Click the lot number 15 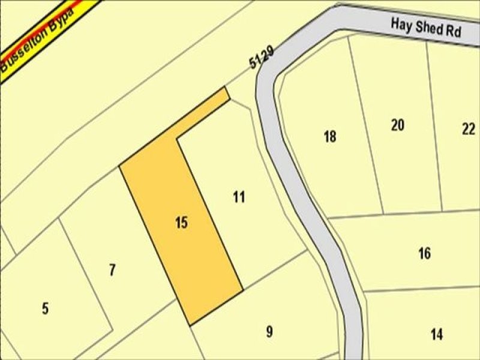[182, 223]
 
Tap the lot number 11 [239, 197]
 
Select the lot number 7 [112, 271]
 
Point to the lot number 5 [46, 310]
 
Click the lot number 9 [269, 331]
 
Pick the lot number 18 [329, 137]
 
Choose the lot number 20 [397, 125]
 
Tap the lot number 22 [469, 128]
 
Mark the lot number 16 [424, 253]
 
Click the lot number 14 [437, 334]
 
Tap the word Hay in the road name [401, 25]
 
